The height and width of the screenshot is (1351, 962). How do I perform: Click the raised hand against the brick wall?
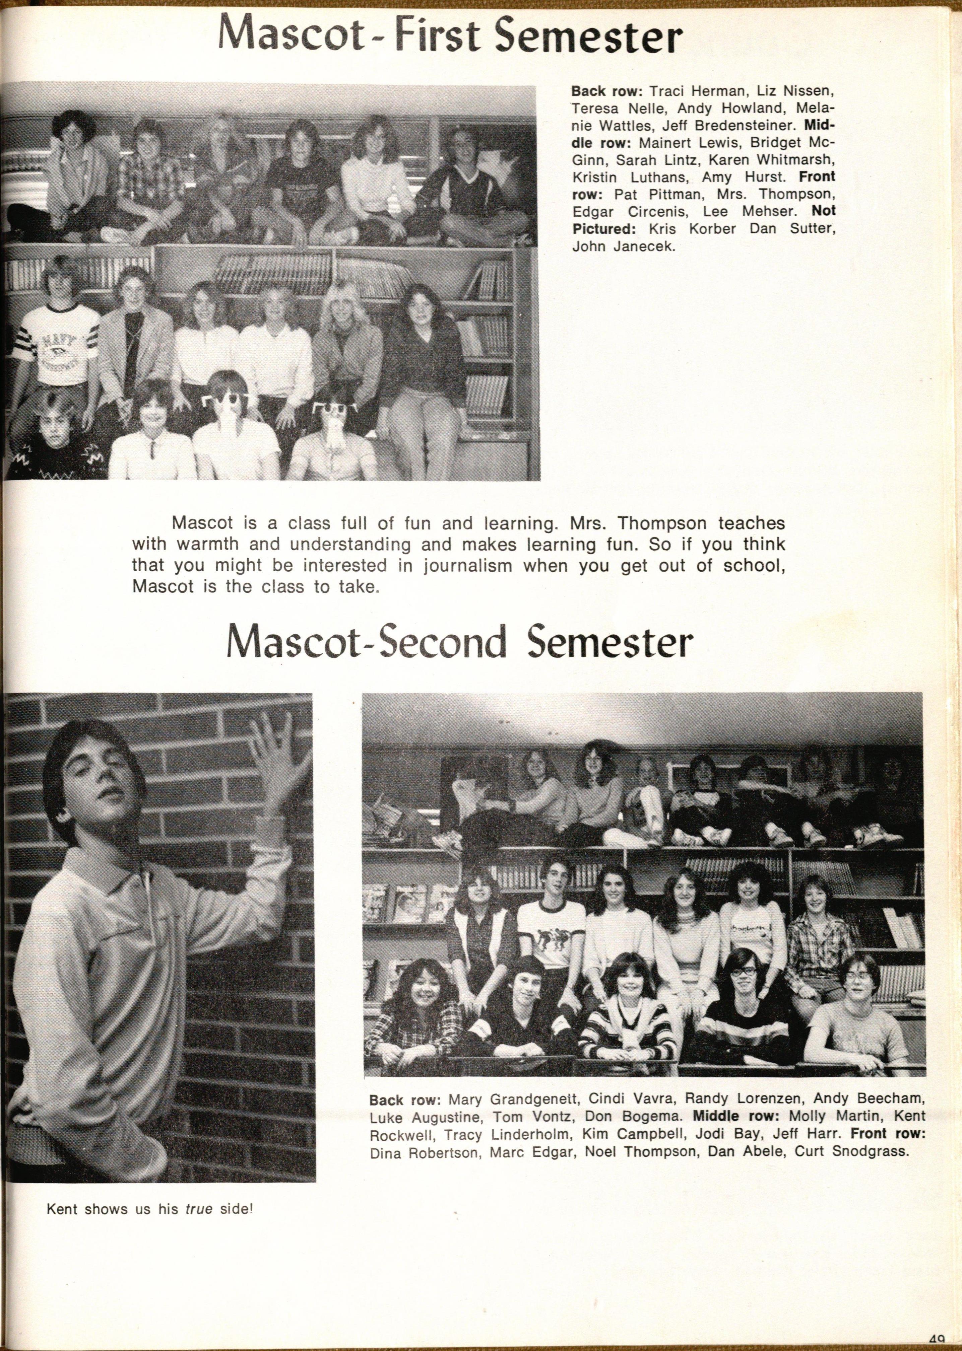click(277, 756)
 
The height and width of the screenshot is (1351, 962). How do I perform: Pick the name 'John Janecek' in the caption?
click(623, 246)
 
